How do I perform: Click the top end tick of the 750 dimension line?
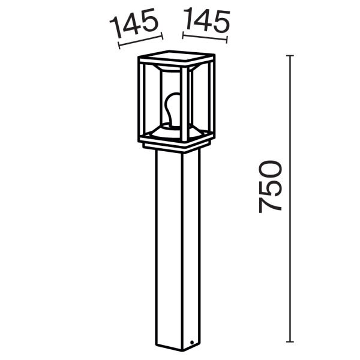tap(291, 56)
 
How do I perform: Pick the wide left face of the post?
tap(171, 246)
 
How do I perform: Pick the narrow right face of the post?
tap(191, 246)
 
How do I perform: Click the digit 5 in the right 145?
tap(221, 22)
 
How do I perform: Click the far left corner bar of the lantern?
tap(142, 99)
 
